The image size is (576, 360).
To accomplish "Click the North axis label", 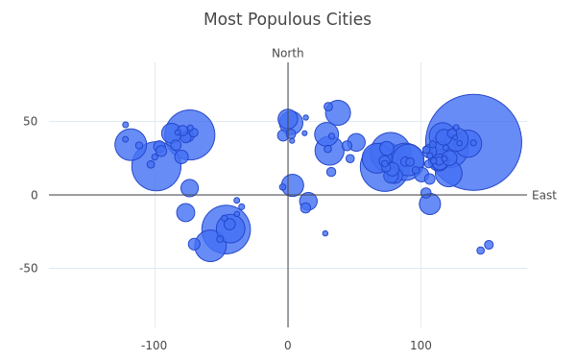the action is tap(288, 53).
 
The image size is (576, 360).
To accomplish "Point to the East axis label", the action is tap(544, 195).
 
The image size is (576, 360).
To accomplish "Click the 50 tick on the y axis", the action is tap(31, 121).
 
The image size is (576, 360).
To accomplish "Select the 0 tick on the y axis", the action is tap(35, 195).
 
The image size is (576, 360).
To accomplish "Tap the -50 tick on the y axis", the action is tap(28, 268).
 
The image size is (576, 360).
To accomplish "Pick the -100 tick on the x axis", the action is tap(154, 346).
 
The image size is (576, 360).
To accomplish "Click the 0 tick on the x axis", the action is tap(288, 346).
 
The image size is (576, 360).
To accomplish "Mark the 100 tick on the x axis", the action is tap(420, 346).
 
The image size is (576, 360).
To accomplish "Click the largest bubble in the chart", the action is tap(473, 142).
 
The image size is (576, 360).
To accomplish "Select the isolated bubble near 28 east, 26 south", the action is tap(325, 233).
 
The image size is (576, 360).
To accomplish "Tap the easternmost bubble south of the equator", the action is tap(489, 245).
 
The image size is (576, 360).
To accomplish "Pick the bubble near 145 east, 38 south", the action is tap(481, 251).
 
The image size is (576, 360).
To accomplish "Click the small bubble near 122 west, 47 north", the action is tap(125, 125).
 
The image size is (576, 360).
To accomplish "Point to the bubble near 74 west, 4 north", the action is tap(189, 188).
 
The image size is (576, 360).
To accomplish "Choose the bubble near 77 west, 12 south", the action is tap(185, 212).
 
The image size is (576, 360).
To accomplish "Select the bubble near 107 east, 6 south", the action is tap(430, 204).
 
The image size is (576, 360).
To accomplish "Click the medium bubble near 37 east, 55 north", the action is tap(338, 112).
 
